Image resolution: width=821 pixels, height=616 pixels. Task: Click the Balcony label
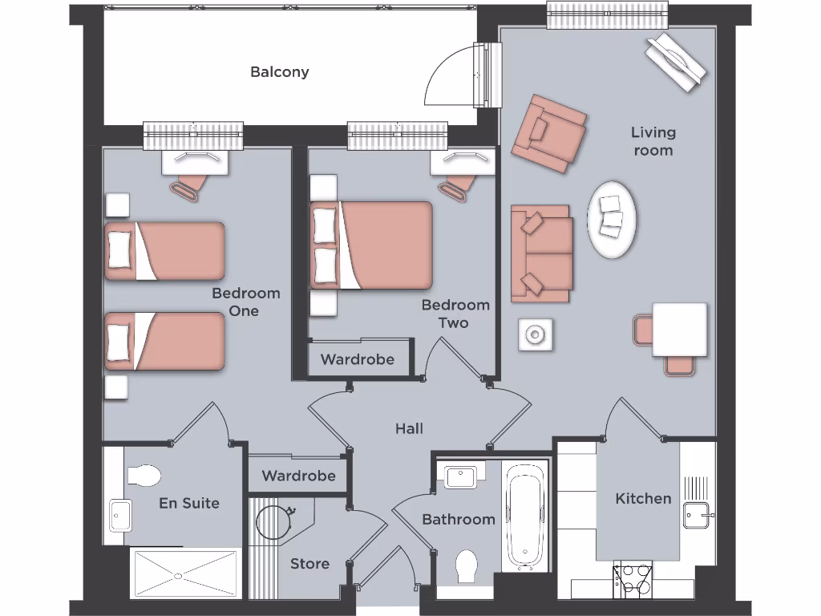[279, 72]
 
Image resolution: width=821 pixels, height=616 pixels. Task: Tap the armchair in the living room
[549, 131]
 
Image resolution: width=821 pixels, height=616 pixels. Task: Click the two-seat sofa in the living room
[542, 253]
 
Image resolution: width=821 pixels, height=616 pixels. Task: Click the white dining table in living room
[679, 329]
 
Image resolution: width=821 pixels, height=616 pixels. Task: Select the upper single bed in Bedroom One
[165, 251]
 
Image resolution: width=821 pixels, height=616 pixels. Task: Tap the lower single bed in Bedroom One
[165, 341]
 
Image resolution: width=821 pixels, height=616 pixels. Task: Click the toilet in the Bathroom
[467, 566]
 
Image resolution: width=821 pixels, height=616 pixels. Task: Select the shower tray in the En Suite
[184, 573]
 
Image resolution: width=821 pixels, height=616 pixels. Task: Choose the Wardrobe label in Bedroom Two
[358, 359]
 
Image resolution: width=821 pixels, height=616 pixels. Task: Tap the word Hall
[409, 429]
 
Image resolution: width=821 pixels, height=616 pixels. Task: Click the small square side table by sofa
[534, 334]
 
